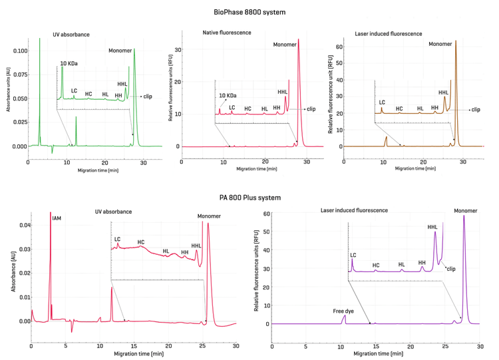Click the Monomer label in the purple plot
pyautogui.click(x=465, y=211)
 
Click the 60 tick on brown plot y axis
pyautogui.click(x=339, y=47)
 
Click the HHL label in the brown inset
pyautogui.click(x=443, y=92)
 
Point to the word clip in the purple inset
pyautogui.click(x=451, y=269)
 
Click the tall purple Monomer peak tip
pyautogui.click(x=464, y=216)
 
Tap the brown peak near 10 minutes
pyautogui.click(x=386, y=137)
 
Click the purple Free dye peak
pyautogui.click(x=344, y=317)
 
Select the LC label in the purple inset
pyautogui.click(x=353, y=255)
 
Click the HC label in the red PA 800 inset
pyautogui.click(x=141, y=242)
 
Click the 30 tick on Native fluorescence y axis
pyautogui.click(x=178, y=50)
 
